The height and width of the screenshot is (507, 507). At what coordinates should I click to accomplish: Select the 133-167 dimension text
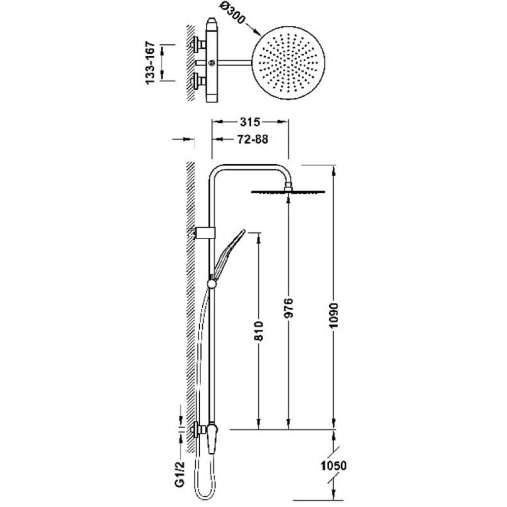point(151,63)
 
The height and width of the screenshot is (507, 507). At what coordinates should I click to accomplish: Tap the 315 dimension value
point(250,122)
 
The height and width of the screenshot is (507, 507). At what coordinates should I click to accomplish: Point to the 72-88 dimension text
point(252,139)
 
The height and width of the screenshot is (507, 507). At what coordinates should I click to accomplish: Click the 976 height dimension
point(289,308)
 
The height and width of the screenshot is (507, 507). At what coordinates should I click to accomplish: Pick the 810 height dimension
point(260,331)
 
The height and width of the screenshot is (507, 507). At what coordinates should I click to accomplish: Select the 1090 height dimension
point(334,315)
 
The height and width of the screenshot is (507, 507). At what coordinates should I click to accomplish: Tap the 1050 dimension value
point(334,466)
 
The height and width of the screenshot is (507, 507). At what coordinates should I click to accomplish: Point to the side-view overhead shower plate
point(288,192)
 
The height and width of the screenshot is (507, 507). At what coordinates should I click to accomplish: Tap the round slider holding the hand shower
point(212,283)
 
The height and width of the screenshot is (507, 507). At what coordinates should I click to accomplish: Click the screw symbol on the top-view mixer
point(212,62)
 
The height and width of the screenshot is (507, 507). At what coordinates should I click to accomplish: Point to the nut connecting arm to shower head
point(288,186)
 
